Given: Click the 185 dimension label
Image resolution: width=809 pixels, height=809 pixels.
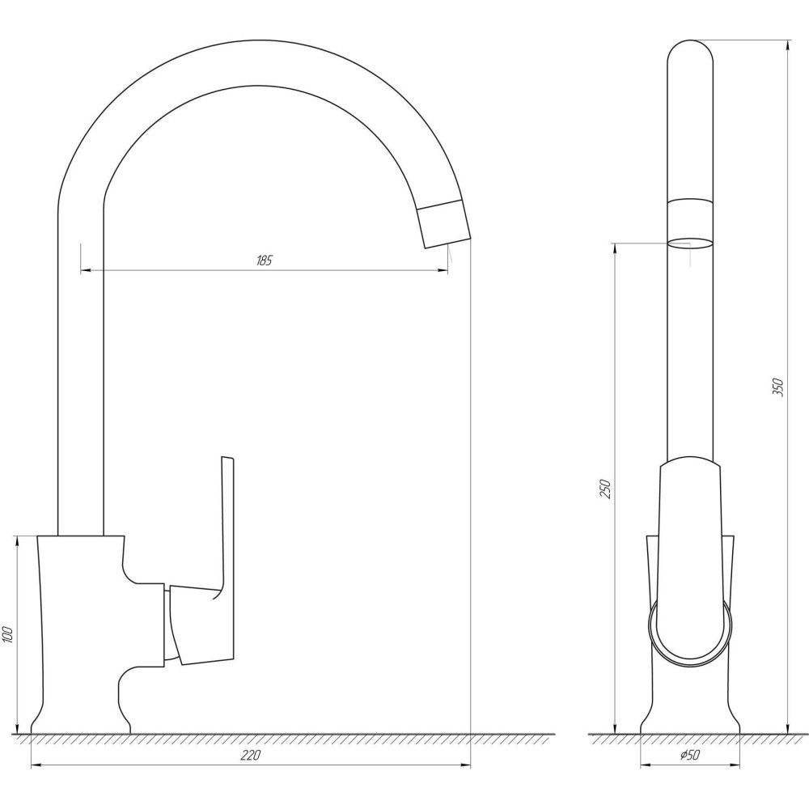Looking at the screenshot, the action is point(264,260).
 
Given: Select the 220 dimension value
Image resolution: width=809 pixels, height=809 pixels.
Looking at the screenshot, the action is point(250,756).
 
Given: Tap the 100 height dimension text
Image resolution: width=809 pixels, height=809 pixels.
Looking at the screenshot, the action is point(8,633).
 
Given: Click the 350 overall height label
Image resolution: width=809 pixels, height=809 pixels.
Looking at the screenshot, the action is point(778,387).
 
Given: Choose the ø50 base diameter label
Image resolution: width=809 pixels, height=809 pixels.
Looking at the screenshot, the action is point(690,755).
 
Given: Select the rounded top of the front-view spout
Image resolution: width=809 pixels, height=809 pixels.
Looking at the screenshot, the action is point(690,52).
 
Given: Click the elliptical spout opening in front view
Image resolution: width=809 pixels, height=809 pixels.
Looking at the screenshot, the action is point(690,244).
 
